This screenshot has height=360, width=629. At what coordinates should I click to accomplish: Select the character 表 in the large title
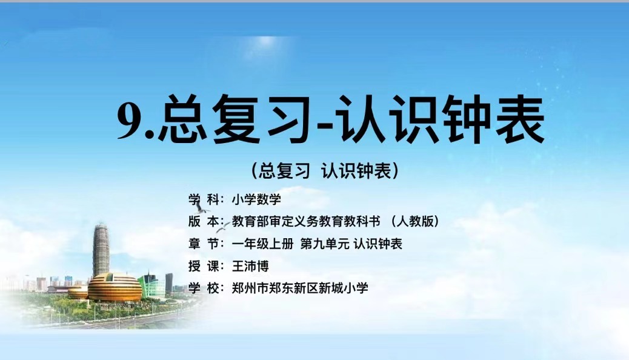518,119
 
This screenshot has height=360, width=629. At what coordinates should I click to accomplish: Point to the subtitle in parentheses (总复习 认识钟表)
325,171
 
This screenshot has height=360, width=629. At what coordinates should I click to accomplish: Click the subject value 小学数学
256,199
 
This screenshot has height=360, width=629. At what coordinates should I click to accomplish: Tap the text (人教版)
414,222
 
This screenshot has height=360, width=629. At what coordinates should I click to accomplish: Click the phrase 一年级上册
263,244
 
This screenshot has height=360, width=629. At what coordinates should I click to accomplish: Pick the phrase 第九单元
325,244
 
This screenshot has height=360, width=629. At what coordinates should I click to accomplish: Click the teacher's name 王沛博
250,266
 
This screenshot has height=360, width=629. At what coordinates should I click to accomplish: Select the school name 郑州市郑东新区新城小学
300,288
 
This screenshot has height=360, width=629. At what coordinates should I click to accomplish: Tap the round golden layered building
115,287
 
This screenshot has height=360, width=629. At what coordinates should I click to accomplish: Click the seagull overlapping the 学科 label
201,208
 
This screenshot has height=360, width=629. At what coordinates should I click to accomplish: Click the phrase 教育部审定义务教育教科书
305,222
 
